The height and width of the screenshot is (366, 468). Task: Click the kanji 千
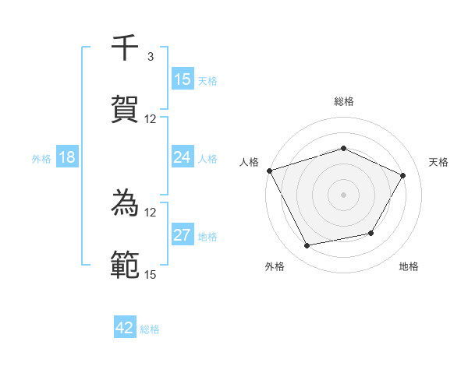(125, 48)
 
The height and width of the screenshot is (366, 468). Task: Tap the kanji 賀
(125, 109)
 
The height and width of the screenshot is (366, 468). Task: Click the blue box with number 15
(183, 79)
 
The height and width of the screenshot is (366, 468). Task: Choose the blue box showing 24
(183, 157)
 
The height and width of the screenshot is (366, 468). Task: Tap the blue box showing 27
(183, 235)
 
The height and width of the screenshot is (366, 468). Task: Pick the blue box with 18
(67, 157)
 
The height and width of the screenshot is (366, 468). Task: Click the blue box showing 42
(125, 328)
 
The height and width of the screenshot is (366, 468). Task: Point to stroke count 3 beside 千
(151, 57)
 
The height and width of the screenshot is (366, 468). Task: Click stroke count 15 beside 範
(151, 273)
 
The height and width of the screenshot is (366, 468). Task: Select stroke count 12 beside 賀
(151, 119)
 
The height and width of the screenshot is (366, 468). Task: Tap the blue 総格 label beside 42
(150, 329)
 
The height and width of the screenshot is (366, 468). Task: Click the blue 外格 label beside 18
(41, 159)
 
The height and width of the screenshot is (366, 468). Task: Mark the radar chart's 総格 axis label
(343, 101)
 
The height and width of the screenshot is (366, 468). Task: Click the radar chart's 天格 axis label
(438, 162)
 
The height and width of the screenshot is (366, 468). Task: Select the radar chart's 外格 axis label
(275, 266)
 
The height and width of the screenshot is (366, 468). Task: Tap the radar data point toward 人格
(269, 171)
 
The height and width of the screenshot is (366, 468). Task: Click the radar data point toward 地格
(371, 233)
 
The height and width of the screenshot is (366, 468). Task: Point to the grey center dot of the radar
(343, 195)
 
